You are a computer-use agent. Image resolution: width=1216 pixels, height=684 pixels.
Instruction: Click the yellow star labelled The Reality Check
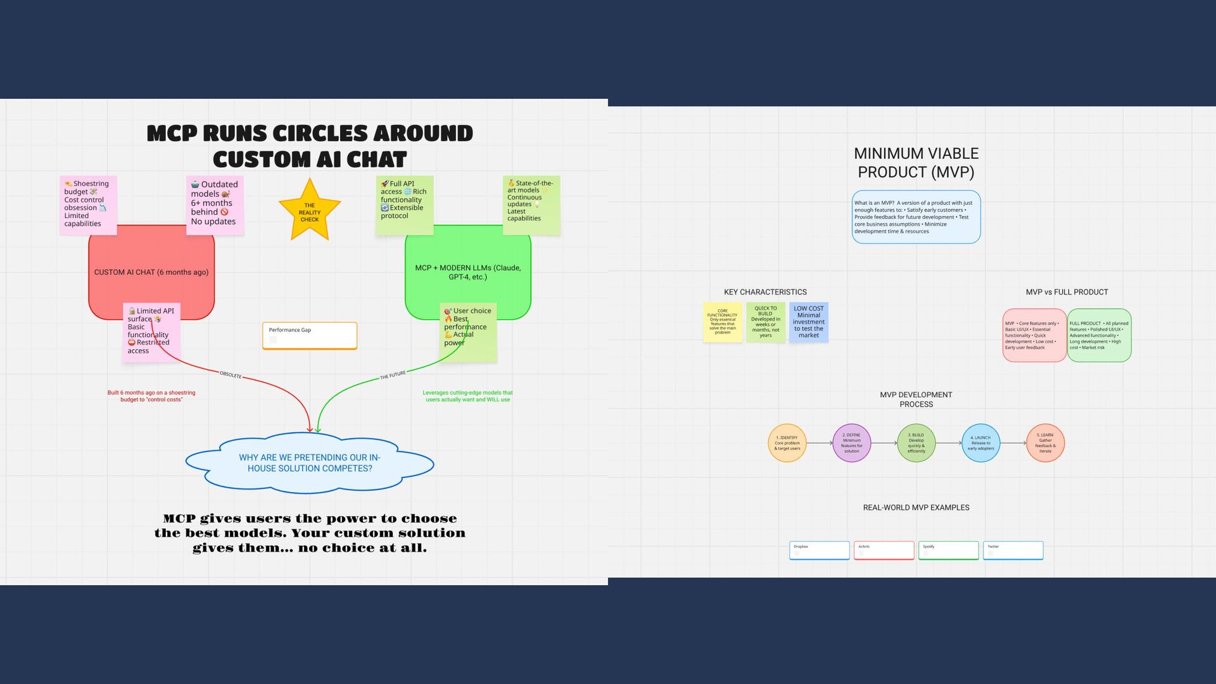click(310, 212)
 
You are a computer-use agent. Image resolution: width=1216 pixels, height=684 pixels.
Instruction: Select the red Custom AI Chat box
click(151, 272)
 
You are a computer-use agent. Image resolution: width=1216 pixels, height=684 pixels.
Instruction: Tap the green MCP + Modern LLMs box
click(468, 272)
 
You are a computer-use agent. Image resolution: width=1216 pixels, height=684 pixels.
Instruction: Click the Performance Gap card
click(310, 336)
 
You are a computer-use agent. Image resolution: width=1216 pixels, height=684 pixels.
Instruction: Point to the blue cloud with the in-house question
click(310, 463)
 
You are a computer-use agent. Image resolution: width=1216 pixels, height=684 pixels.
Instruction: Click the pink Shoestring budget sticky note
click(88, 205)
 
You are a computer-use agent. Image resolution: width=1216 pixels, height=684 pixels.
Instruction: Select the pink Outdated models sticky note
click(215, 205)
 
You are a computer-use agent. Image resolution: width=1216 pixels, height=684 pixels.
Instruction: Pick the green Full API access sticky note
click(405, 205)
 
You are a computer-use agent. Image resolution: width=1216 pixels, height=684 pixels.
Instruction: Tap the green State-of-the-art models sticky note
click(531, 205)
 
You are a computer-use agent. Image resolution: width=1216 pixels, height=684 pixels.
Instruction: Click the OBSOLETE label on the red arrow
click(231, 375)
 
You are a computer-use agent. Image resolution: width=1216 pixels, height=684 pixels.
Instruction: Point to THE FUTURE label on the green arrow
click(393, 376)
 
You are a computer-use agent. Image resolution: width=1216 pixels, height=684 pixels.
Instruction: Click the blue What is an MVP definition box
click(916, 217)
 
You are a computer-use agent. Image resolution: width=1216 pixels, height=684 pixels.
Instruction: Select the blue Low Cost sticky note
click(809, 322)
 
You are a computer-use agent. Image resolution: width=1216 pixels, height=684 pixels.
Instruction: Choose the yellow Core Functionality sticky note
click(723, 322)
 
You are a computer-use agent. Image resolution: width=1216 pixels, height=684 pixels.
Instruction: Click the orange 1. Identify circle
click(787, 443)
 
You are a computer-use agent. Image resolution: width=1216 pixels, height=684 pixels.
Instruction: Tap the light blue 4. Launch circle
click(981, 443)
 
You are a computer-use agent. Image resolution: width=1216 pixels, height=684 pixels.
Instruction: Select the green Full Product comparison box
click(1099, 335)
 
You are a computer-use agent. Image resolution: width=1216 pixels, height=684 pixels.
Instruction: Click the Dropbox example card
click(820, 550)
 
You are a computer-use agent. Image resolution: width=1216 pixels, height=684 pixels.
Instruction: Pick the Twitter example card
click(1013, 550)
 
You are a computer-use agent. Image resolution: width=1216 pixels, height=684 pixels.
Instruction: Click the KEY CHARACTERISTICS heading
click(765, 292)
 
